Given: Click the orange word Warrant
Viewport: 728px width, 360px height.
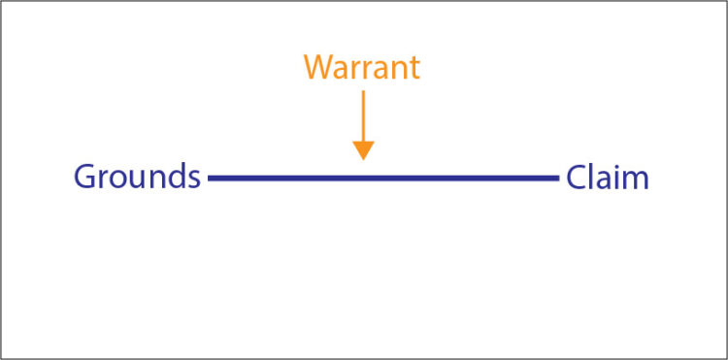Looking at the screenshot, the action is coord(362,67).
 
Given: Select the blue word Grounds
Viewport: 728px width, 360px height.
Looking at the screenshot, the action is coord(137,178).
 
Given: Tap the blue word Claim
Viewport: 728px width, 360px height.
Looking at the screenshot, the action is coord(608,178).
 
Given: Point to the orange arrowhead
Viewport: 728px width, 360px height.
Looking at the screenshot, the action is coord(363,149).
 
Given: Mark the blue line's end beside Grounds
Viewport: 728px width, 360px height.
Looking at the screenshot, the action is coord(211,179).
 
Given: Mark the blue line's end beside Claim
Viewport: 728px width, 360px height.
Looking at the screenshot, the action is coord(556,179).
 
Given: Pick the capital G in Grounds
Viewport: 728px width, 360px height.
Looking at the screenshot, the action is coord(86,178).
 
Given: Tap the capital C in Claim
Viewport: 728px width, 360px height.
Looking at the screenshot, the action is coord(578,178).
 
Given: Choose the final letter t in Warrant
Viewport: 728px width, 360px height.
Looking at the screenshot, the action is coord(414,68).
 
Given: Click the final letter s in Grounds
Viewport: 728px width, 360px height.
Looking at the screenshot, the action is coord(193,180).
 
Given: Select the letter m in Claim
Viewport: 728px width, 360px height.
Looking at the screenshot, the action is coord(636,180).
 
